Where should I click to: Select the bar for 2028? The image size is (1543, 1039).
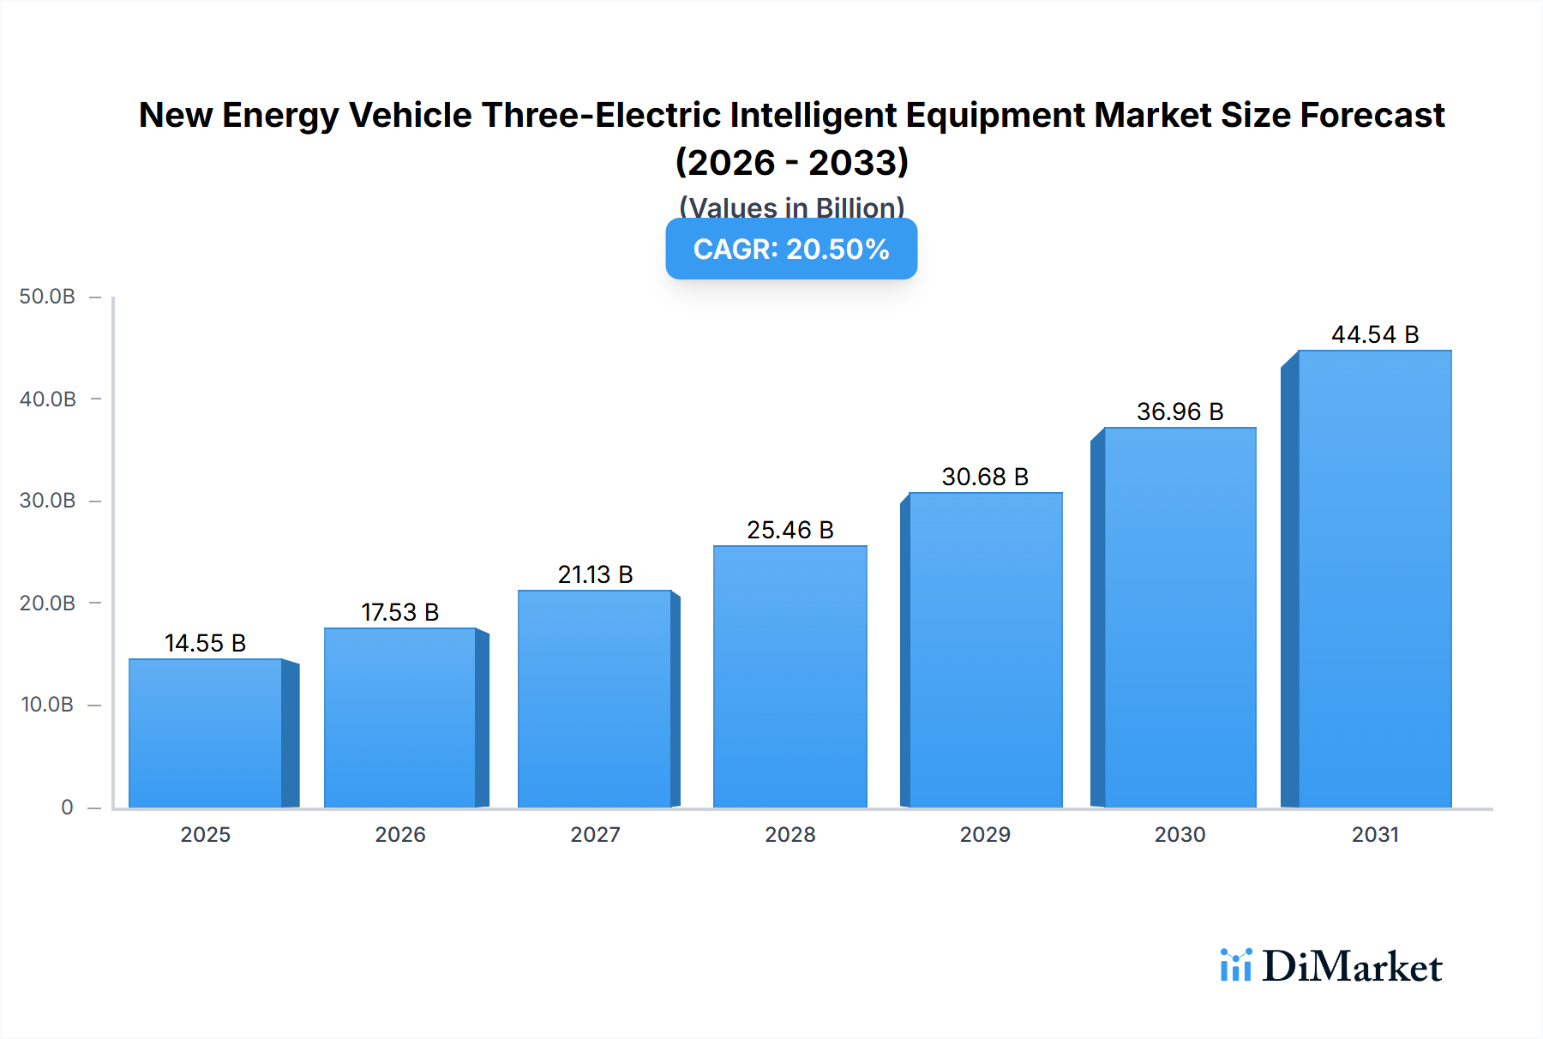pos(790,676)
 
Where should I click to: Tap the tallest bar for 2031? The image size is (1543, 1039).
pos(1374,579)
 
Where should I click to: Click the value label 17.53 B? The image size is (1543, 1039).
pos(399,612)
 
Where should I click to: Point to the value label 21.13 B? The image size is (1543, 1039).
pos(595,574)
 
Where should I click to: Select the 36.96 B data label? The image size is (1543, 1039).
pos(1180,411)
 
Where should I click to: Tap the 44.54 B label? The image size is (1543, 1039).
pos(1374,334)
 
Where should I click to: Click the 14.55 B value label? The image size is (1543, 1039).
pos(205,643)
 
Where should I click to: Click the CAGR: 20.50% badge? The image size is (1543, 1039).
pos(791,249)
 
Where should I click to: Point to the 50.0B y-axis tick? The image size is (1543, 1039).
pos(47,297)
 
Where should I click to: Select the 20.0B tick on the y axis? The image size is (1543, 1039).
pos(47,603)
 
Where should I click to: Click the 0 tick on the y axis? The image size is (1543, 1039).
pos(67,807)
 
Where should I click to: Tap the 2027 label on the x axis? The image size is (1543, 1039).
pos(595,834)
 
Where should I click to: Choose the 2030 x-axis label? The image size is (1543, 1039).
pos(1180,834)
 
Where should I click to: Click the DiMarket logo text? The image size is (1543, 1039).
pos(1352,967)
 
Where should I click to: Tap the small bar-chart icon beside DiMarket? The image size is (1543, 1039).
pos(1235,965)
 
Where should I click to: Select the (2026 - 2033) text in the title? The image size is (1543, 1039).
pos(791,162)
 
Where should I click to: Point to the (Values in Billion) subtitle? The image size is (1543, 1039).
pos(791,207)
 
